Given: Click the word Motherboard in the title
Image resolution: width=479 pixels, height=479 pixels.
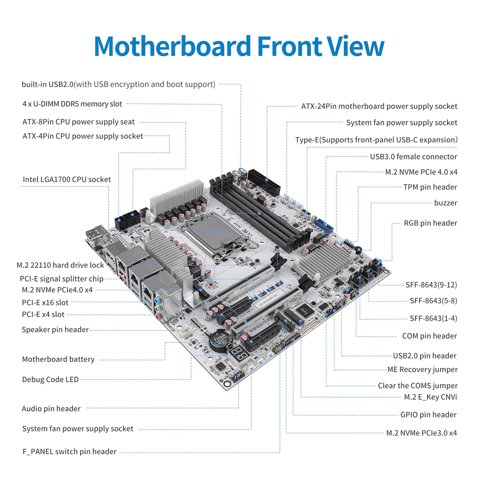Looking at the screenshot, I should [x=172, y=46].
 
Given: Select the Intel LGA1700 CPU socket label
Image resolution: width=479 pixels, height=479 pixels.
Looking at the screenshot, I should [x=67, y=179].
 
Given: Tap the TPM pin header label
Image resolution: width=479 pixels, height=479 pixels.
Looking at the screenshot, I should [x=430, y=187].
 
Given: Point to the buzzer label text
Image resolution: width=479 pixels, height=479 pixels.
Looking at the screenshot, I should [x=445, y=203].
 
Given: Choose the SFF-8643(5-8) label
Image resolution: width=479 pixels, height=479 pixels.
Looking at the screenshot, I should [x=433, y=301].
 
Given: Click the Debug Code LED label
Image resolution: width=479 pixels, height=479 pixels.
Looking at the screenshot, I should [x=50, y=379].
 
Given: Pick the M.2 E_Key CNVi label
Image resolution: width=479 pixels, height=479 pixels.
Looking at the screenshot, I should [x=430, y=397].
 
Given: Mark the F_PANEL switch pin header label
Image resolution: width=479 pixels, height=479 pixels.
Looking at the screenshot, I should [x=70, y=451].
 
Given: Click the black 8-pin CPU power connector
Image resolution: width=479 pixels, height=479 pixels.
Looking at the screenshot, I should [x=127, y=220].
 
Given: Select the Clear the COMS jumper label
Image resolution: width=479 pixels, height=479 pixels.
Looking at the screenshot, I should [x=417, y=386].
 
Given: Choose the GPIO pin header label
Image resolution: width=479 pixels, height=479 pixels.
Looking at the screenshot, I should [x=428, y=414].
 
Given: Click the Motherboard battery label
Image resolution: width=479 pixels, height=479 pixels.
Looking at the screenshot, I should [x=58, y=359].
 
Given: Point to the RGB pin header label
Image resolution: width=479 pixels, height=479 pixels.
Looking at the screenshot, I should [x=430, y=223].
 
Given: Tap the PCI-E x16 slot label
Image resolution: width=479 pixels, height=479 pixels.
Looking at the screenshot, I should [x=45, y=302].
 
